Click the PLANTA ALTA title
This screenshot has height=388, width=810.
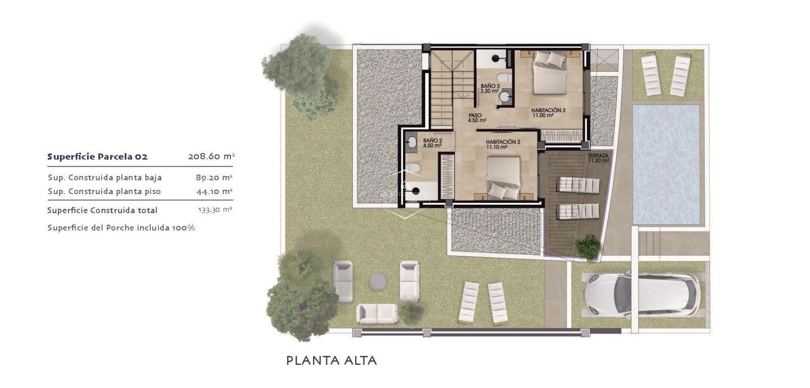click(x=331, y=360)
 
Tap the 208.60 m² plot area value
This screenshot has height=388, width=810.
click(x=211, y=156)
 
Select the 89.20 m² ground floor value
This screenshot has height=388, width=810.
click(x=214, y=178)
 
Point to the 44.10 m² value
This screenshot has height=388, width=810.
click(x=214, y=191)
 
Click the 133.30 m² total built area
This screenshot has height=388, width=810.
click(x=215, y=210)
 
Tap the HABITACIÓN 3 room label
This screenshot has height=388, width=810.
click(x=548, y=112)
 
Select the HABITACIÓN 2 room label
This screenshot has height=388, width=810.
click(x=503, y=144)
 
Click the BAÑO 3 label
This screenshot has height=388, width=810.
click(x=490, y=88)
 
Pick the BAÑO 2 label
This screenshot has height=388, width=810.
click(x=432, y=143)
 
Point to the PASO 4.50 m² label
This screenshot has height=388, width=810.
click(x=476, y=118)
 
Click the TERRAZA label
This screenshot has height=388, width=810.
click(x=598, y=158)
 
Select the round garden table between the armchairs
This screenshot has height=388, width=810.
click(x=378, y=281)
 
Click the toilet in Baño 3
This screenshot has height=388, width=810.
click(x=503, y=78)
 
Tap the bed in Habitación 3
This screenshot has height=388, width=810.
click(x=549, y=73)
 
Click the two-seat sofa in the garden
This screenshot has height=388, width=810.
click(x=377, y=314)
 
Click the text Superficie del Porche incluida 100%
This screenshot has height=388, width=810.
click(x=121, y=228)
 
